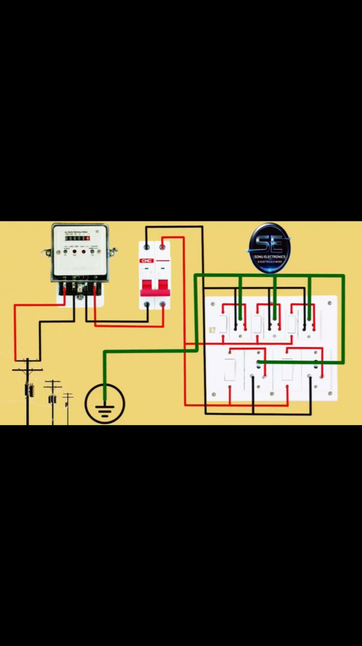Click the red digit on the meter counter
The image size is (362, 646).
tap(87, 238)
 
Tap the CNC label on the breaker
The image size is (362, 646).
tap(147, 261)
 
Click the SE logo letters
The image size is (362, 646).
tap(269, 243)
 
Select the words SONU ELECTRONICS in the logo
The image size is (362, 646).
tap(269, 257)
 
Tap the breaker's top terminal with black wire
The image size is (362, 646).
tap(147, 247)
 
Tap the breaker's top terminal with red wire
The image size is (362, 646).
tap(162, 247)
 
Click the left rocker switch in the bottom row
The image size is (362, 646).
tap(230, 369)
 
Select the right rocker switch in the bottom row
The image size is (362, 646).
tap(287, 369)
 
